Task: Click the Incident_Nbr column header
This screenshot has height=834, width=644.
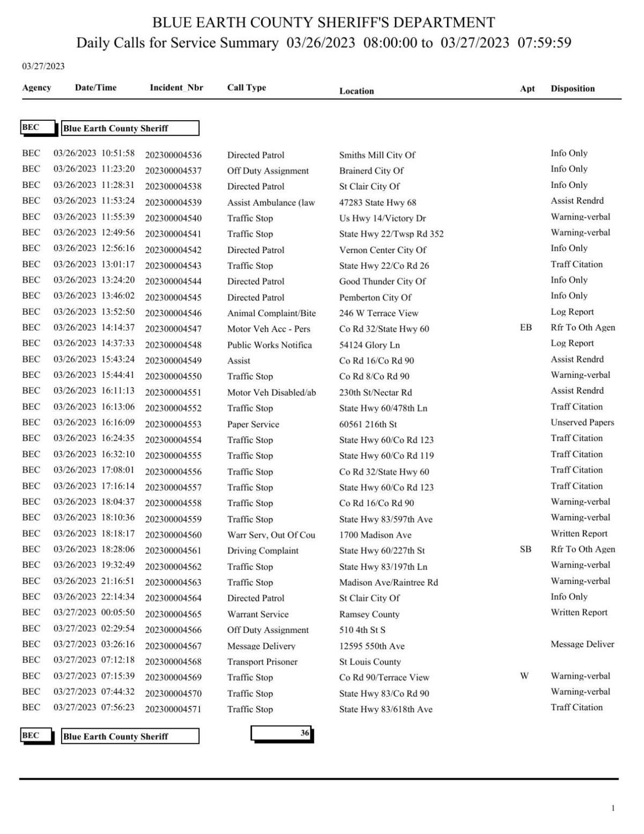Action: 176,87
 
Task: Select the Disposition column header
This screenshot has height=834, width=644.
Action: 572,89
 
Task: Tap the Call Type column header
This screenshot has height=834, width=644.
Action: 246,87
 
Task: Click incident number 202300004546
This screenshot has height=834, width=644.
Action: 173,313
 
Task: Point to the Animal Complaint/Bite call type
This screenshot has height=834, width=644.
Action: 271,313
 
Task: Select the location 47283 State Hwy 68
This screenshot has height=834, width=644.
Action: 377,202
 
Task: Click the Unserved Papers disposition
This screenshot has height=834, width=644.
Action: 582,422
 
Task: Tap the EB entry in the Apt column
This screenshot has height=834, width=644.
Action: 525,327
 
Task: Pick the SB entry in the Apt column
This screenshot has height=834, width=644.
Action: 525,549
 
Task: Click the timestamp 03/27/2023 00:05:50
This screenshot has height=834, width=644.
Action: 94,612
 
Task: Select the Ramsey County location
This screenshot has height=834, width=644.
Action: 369,614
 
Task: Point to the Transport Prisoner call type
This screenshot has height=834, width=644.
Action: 262,662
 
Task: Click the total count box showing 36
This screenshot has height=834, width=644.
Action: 282,734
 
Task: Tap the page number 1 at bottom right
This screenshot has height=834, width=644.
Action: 613,808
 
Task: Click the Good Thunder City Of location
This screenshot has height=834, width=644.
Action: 382,281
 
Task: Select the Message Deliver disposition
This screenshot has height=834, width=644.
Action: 582,644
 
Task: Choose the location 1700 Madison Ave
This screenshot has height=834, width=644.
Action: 375,535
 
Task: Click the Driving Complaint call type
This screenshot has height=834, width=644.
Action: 262,551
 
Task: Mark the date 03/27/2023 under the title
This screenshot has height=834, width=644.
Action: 43,66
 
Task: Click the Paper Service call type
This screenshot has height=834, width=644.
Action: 253,424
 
